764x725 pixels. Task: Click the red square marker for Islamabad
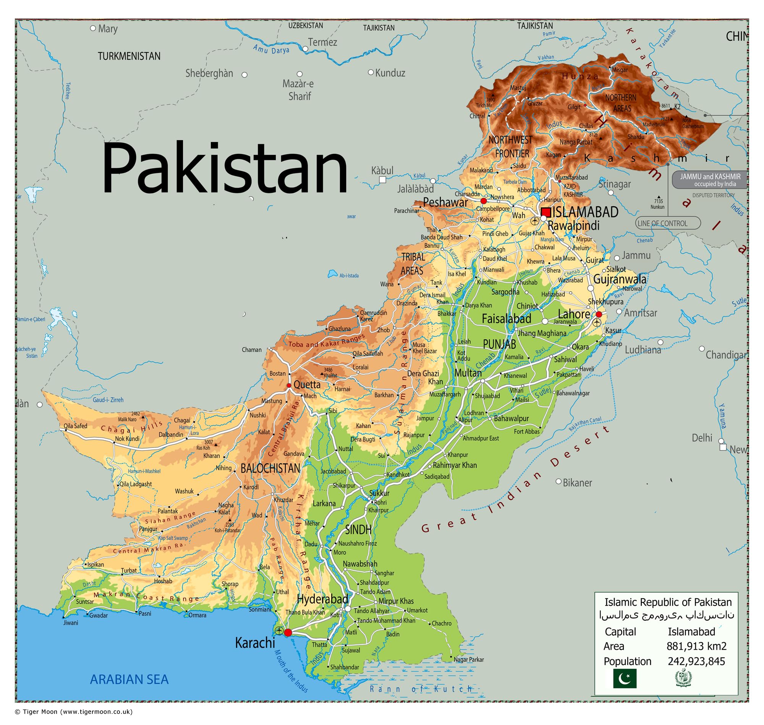point(546,212)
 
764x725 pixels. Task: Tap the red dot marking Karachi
point(288,633)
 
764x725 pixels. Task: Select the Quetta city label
point(307,384)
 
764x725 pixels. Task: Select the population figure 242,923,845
point(696,661)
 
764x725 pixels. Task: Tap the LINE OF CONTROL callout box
point(668,223)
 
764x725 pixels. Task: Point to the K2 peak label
point(677,107)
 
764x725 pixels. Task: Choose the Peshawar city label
point(445,202)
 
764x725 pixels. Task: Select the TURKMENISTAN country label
point(129,57)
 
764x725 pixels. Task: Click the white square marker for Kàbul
point(382,180)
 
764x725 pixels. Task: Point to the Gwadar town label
point(98,615)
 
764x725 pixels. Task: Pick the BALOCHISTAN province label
point(270,468)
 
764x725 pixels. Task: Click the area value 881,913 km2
point(696,646)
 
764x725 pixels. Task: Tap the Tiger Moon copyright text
point(73,712)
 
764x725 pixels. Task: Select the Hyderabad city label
point(322,599)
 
